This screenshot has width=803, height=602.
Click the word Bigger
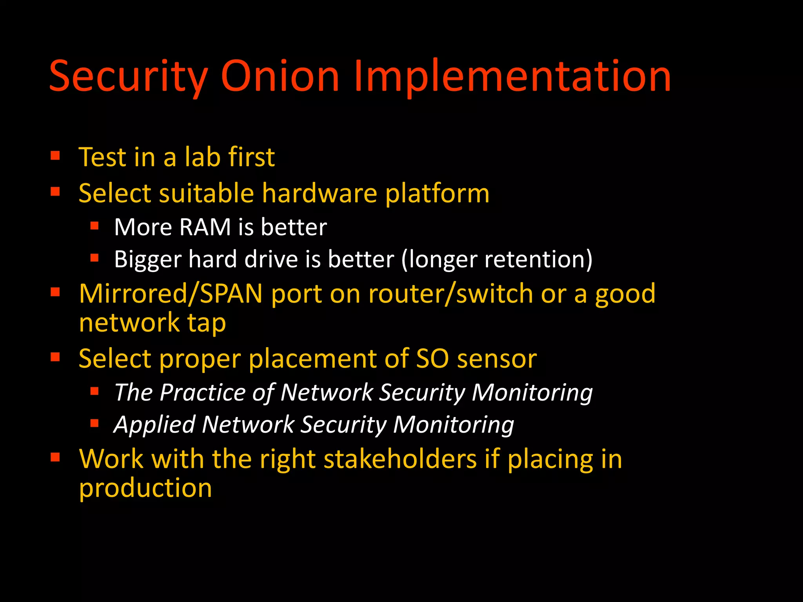pyautogui.click(x=147, y=259)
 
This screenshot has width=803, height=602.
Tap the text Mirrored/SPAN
pyautogui.click(x=171, y=294)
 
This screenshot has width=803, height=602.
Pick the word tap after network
pyautogui.click(x=206, y=323)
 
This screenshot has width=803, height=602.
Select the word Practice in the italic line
pyautogui.click(x=203, y=392)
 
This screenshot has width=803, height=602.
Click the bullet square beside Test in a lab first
pyautogui.click(x=55, y=156)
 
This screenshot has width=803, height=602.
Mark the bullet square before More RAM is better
pyautogui.click(x=94, y=226)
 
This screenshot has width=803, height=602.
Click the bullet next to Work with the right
pyautogui.click(x=55, y=457)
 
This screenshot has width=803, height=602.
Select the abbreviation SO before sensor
pyautogui.click(x=432, y=359)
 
